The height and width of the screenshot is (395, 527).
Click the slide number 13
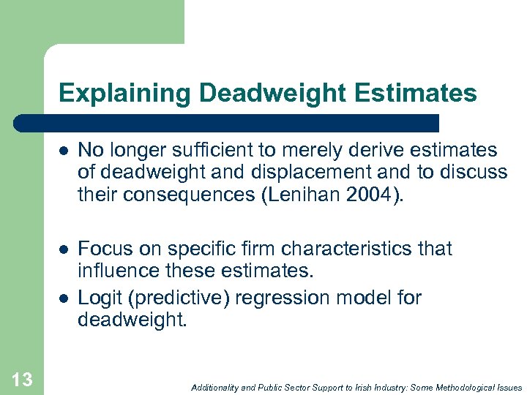pyautogui.click(x=22, y=379)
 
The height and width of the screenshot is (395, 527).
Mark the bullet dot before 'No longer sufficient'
pyautogui.click(x=64, y=151)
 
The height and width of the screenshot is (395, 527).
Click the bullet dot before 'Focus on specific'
pyautogui.click(x=64, y=249)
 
